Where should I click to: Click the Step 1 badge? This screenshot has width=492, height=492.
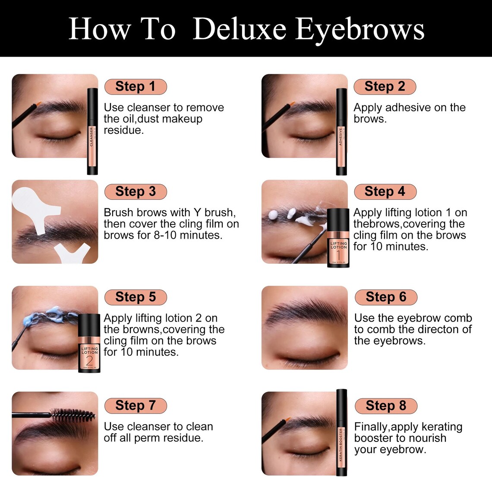click(x=135, y=86)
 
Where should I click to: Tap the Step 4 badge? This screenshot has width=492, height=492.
click(x=385, y=192)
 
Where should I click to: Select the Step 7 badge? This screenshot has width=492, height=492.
click(x=135, y=406)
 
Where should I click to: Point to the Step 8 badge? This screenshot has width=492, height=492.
click(x=386, y=406)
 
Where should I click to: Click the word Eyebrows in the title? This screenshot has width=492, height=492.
click(x=360, y=29)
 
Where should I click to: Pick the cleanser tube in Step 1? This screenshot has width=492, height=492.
click(x=92, y=132)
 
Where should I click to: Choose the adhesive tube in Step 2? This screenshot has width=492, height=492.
click(x=341, y=132)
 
